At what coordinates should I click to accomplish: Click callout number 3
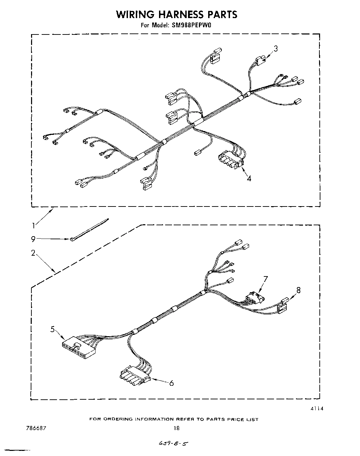276,48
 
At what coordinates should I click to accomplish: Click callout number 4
249,178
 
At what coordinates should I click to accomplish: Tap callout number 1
33,225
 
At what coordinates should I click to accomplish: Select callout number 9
33,239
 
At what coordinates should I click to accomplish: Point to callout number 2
33,253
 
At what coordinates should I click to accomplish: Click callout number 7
265,279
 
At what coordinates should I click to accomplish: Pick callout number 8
298,290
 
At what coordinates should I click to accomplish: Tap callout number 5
52,329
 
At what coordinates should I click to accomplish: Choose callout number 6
171,383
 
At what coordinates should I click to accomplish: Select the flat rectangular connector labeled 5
77,346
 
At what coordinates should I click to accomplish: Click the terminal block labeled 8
282,305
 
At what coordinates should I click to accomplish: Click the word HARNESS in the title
176,14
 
